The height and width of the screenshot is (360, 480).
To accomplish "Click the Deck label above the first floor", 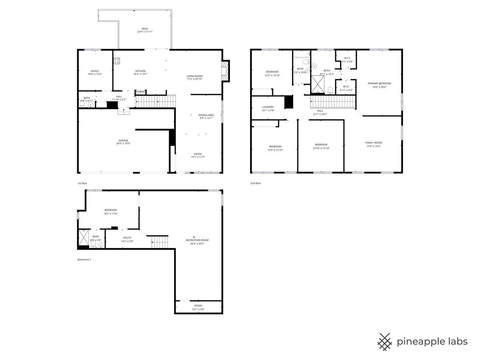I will (x=144, y=29).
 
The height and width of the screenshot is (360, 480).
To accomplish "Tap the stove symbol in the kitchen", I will (x=117, y=60).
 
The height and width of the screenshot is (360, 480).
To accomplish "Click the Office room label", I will (x=94, y=71).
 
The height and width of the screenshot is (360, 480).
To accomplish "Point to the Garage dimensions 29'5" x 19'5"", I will (x=123, y=143).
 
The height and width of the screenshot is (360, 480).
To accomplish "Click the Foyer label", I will (x=198, y=154).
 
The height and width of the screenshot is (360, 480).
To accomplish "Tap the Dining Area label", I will (x=206, y=115).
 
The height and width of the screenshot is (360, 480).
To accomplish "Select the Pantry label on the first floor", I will (x=141, y=91).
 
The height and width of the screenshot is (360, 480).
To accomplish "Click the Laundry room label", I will (x=268, y=107).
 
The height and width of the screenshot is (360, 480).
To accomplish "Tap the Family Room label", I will (x=373, y=142).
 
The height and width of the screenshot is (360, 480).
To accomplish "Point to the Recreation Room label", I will (x=197, y=240).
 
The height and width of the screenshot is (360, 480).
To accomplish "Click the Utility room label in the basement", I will (x=127, y=238).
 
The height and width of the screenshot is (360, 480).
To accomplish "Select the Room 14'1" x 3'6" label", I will (x=198, y=306).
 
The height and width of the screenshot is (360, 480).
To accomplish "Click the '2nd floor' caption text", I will (x=256, y=183).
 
